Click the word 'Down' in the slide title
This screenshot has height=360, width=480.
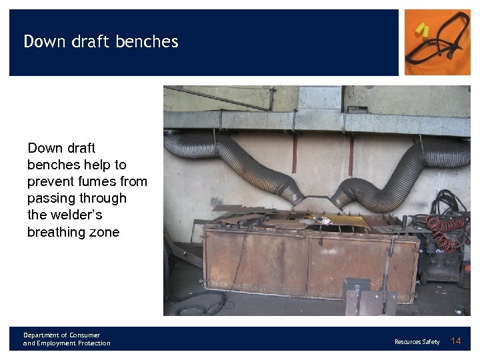coord(45,41)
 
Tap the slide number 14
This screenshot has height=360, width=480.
coord(456,341)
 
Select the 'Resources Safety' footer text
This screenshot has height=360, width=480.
coord(417,342)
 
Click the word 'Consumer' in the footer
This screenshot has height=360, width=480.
coord(84,335)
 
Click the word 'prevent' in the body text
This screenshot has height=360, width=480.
coord(49,181)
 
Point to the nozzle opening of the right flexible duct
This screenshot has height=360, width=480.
coord(339,198)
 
